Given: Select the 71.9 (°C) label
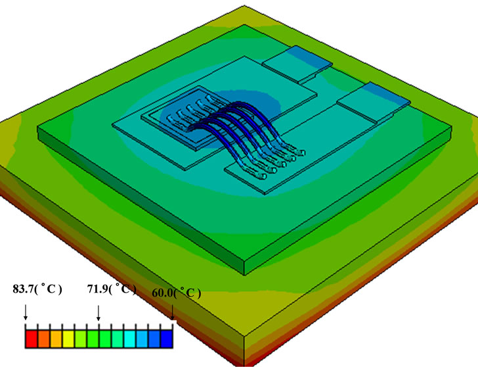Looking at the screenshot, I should click(x=111, y=289).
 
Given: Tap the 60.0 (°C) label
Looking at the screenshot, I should click(x=176, y=293).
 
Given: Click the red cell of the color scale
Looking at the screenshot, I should click(x=32, y=339).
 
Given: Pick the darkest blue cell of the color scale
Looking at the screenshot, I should click(x=167, y=339).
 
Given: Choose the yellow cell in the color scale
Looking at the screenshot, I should click(x=68, y=339).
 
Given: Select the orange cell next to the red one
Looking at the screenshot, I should click(x=44, y=339).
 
